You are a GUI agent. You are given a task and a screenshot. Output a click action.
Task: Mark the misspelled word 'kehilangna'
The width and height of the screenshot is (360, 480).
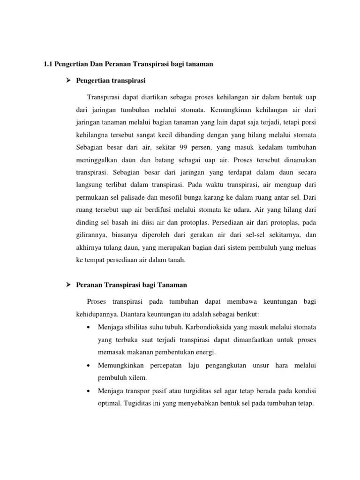(92, 135)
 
